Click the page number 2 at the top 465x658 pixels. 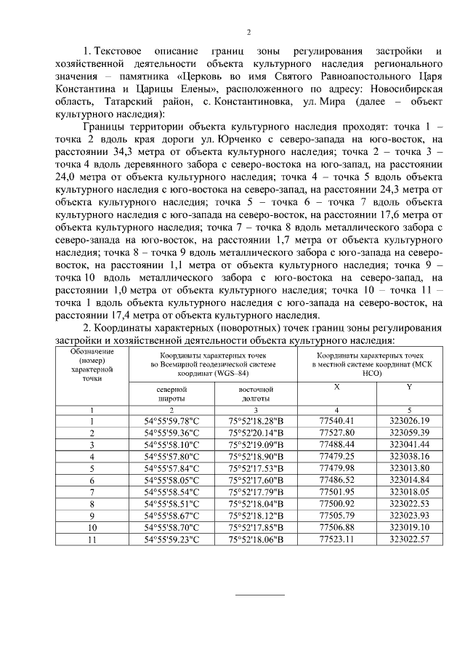tap(248, 32)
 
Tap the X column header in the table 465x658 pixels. tap(336, 388)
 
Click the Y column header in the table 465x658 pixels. tap(410, 388)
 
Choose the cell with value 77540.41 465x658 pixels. tap(336, 421)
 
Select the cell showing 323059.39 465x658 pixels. tap(410, 433)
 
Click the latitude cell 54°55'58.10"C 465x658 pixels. tap(172, 444)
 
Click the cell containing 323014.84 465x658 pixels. tap(410, 480)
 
